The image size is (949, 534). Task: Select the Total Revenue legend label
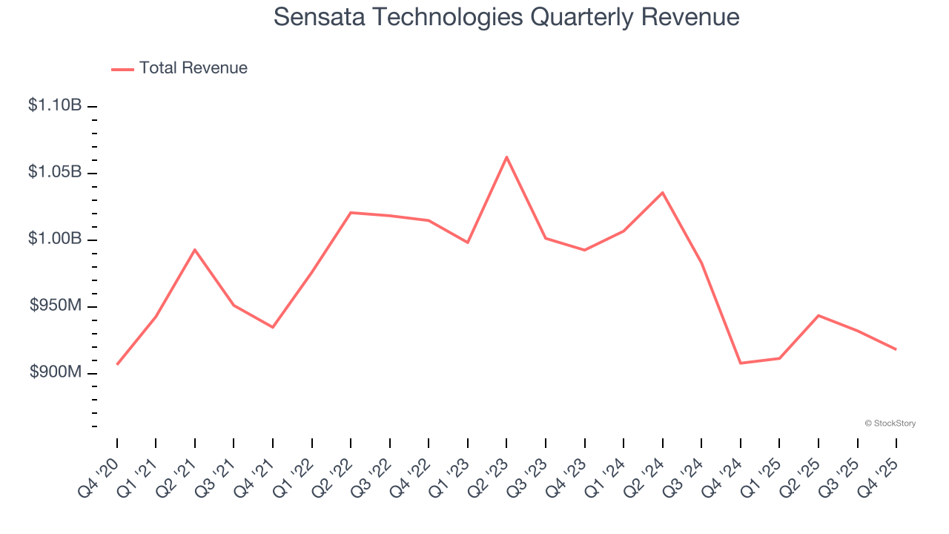tap(193, 68)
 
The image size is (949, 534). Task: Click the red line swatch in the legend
tap(122, 69)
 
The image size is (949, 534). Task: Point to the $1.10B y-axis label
tap(55, 105)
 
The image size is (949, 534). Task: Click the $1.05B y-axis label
tap(55, 172)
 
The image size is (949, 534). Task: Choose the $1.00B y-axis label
tap(55, 239)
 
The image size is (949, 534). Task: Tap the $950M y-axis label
tap(56, 306)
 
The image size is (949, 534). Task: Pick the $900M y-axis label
tap(56, 372)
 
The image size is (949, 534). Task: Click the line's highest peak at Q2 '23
tap(506, 156)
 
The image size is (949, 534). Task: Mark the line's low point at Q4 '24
tap(741, 363)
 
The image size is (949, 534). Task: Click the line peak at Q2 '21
tap(195, 249)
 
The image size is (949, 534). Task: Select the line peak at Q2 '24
tap(662, 192)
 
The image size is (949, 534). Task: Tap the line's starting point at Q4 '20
tap(117, 364)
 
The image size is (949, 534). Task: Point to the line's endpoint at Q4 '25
tap(896, 349)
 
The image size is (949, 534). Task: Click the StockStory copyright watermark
tap(890, 423)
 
